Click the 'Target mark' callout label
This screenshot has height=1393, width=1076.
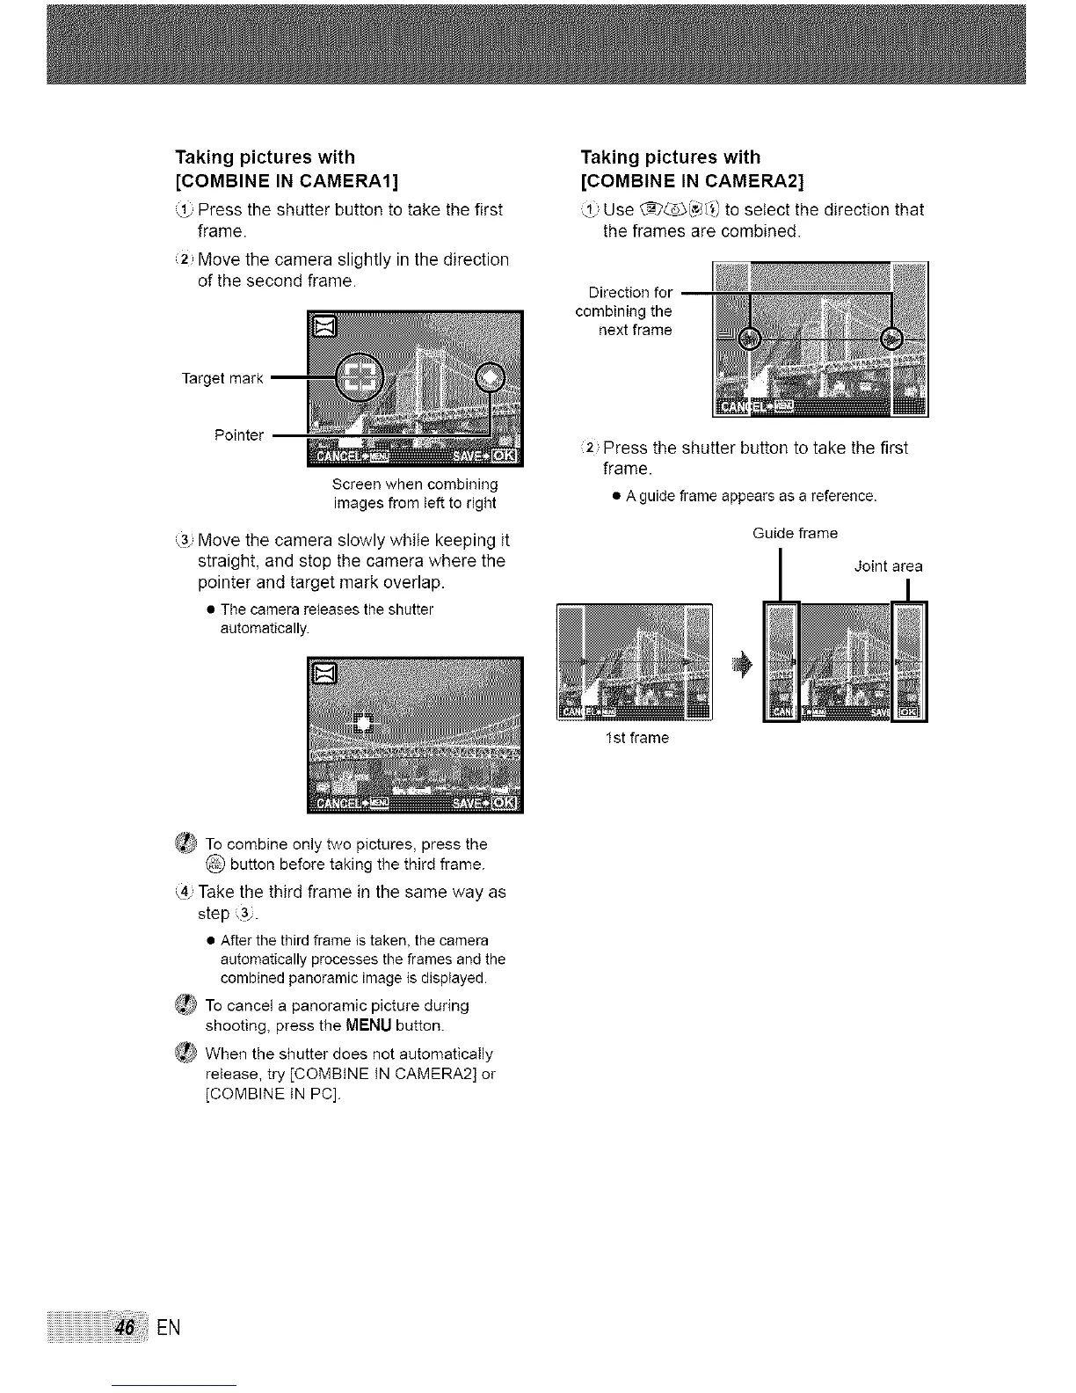222,378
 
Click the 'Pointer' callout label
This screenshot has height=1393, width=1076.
238,435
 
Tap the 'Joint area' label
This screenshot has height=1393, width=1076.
888,566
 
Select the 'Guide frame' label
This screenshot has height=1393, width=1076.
795,533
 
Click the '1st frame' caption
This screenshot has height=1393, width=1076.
636,738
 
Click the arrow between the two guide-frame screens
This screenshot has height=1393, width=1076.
745,666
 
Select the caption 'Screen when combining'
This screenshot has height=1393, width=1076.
415,485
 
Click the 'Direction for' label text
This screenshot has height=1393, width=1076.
630,292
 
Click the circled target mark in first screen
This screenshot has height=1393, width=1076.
360,378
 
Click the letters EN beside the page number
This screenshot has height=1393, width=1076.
169,1327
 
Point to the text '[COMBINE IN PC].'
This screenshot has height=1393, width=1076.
272,1095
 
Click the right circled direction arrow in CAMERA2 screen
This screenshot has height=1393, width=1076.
892,339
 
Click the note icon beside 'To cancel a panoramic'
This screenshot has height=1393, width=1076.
185,1006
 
